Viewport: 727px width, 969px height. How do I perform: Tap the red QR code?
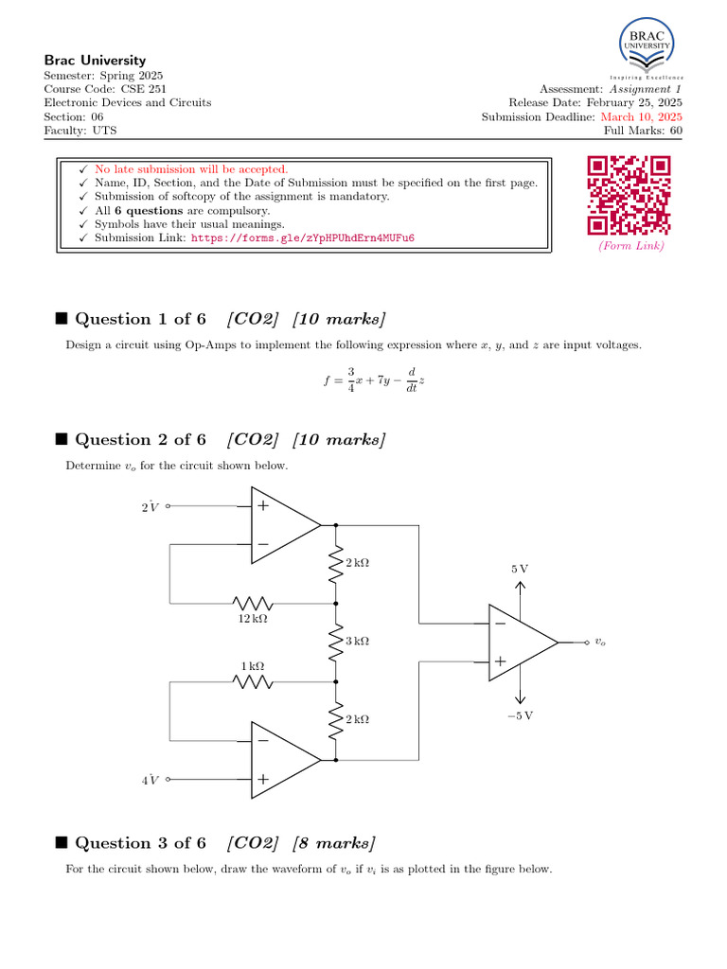(629, 195)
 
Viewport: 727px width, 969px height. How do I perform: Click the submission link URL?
(303, 238)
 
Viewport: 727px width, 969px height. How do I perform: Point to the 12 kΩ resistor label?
(253, 619)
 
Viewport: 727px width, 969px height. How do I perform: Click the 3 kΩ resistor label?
(357, 641)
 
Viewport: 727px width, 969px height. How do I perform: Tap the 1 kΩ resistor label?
(252, 666)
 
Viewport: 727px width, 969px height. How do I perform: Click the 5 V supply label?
(520, 569)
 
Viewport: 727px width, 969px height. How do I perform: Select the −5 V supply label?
(520, 715)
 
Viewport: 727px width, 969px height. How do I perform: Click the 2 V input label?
(150, 507)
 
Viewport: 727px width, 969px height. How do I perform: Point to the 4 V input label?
(150, 780)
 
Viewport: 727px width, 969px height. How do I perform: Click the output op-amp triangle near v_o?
(522, 643)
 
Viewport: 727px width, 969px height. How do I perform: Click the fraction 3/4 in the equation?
(350, 379)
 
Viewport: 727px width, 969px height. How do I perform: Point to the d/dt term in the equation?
(412, 379)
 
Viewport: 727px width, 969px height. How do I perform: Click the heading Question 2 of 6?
(140, 439)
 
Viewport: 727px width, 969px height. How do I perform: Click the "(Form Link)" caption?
(629, 246)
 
